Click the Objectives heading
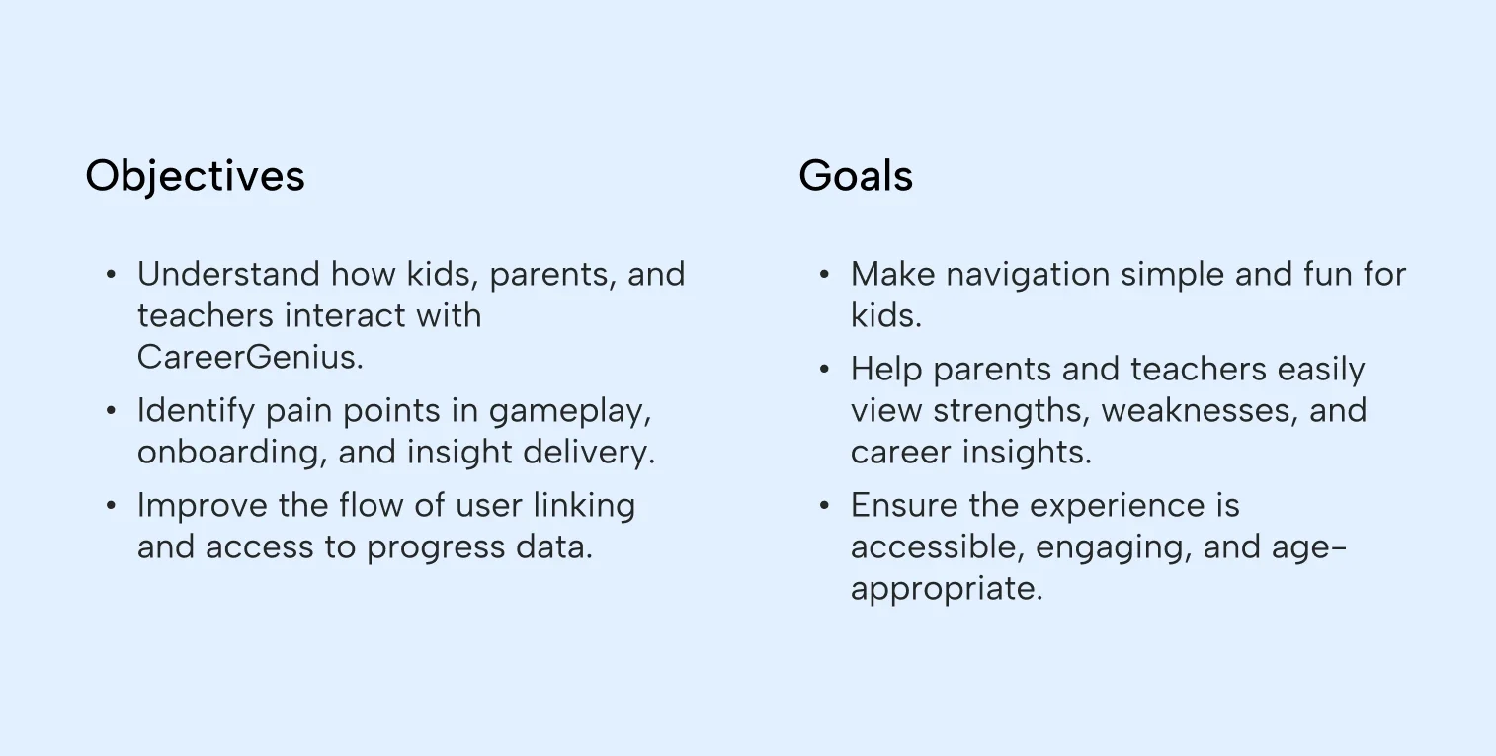[x=195, y=176]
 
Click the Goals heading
[x=856, y=176]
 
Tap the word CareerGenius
[x=250, y=357]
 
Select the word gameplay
[x=570, y=411]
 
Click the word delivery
[x=588, y=453]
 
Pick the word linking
[x=584, y=506]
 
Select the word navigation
[x=1028, y=275]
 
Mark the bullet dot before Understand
[x=111, y=275]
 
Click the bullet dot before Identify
[x=111, y=411]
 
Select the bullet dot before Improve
[x=111, y=506]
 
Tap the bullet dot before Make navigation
[x=824, y=275]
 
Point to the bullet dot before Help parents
[x=824, y=370]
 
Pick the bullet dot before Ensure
[x=824, y=506]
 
